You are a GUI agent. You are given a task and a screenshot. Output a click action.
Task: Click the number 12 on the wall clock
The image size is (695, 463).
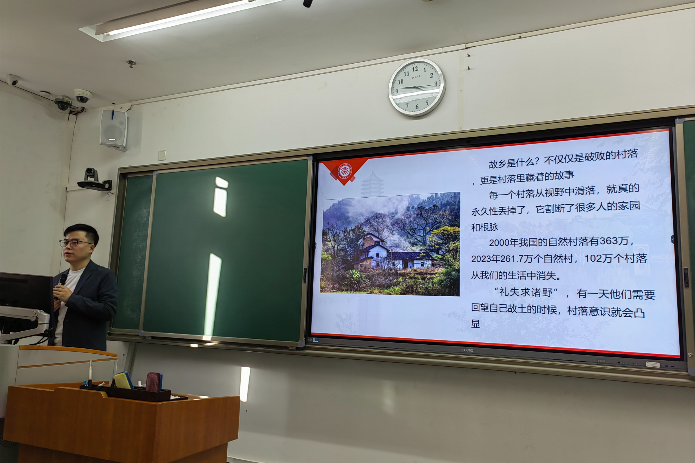point(415,69)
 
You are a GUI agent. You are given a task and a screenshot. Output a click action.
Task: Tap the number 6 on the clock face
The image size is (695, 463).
point(417,106)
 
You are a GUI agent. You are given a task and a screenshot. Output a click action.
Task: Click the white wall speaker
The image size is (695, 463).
point(114,130)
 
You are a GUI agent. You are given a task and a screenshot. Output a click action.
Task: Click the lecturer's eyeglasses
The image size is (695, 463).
point(75,243)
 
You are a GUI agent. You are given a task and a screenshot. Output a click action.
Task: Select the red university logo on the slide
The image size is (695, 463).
point(345,171)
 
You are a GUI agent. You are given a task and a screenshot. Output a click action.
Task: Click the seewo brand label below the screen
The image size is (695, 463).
point(468,350)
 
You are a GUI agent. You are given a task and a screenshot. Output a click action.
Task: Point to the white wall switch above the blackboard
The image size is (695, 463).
point(162,155)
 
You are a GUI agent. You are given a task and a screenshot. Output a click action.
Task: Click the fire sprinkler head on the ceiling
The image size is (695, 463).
point(131,63)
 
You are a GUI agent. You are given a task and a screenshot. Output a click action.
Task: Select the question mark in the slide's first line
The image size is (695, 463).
point(537,161)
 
